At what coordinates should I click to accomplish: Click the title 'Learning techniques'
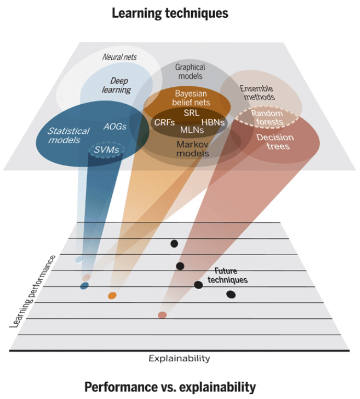(170, 13)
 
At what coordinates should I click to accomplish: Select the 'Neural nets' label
(120, 57)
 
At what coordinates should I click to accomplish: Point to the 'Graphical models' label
(190, 72)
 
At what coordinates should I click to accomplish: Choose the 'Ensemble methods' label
(257, 93)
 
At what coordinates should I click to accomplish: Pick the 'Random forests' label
(266, 118)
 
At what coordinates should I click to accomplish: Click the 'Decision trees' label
(275, 142)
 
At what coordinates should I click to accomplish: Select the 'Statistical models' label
(68, 135)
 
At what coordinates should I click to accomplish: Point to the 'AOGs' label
(114, 127)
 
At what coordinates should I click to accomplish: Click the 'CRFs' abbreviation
(164, 122)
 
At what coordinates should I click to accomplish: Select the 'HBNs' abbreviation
(213, 122)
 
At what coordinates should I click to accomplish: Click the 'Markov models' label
(192, 149)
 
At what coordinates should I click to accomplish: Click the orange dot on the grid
(112, 295)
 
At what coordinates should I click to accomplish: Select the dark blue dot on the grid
(84, 286)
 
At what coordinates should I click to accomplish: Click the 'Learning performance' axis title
(32, 291)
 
